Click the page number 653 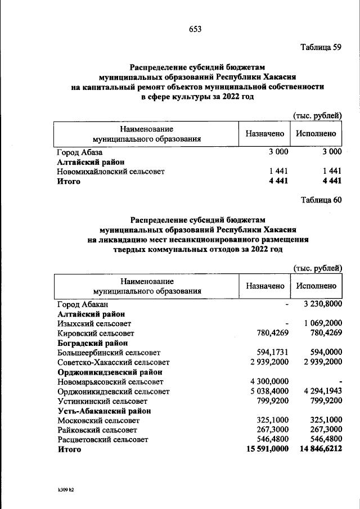pos(195,29)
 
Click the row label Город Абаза pos(80,152)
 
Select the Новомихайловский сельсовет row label pos(111,171)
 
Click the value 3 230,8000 pos(322,304)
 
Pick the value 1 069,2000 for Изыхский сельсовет pos(322,323)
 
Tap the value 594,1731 pos(270,353)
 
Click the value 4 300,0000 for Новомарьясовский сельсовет pos(268,382)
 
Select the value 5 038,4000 pos(268,391)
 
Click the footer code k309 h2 pos(62,490)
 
